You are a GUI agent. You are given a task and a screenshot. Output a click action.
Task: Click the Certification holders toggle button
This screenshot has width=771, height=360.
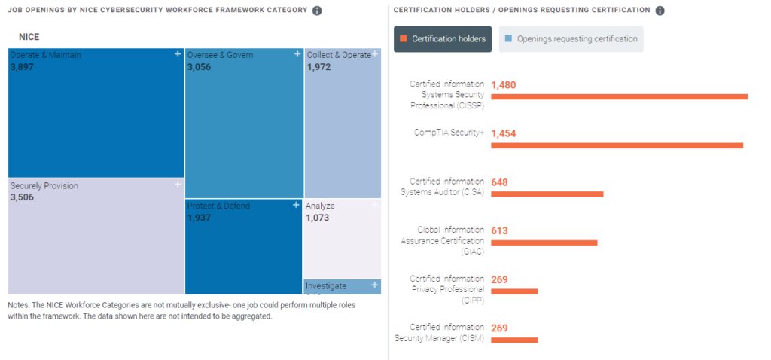tap(443, 39)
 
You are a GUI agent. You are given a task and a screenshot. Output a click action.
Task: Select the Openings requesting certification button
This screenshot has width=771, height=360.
tap(571, 39)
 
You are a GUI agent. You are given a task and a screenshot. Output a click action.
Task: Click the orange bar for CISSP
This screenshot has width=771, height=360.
tap(619, 96)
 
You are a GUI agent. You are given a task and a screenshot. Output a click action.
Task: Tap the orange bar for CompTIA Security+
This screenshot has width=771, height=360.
tap(617, 145)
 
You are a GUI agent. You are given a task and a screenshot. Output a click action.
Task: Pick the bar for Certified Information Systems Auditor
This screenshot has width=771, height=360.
tap(547, 194)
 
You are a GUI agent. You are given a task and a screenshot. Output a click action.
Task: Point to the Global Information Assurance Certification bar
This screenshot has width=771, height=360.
tap(544, 243)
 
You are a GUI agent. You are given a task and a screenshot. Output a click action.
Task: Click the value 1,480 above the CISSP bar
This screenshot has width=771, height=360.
tap(504, 85)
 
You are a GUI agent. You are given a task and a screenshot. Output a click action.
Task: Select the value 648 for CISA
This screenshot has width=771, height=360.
tap(499, 182)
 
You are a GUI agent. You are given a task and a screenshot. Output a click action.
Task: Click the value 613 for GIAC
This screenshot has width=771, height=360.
tap(499, 231)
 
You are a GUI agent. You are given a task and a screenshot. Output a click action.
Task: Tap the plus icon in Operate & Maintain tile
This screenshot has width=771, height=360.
tap(178, 54)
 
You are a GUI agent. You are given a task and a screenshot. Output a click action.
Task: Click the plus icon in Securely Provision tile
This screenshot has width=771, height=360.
tap(178, 185)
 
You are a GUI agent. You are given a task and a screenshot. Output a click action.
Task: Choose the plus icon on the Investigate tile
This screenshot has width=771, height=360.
tap(375, 285)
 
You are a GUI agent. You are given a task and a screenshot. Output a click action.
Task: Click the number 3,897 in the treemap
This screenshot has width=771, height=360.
tap(22, 67)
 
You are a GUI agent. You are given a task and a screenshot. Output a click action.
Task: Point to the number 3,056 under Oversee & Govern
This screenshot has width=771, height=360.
tap(200, 67)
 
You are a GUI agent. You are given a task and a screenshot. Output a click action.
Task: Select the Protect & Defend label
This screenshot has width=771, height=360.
tap(218, 206)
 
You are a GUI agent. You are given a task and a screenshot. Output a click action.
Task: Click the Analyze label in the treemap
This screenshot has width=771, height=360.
tap(320, 206)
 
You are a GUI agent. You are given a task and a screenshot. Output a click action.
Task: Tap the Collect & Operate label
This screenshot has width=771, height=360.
tap(338, 55)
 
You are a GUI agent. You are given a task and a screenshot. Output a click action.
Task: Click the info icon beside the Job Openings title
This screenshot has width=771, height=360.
tap(317, 11)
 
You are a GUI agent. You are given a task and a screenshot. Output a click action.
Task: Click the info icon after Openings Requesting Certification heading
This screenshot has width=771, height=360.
tap(660, 11)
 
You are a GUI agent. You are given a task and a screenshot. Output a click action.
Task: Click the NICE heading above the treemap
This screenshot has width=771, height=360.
tap(29, 36)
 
